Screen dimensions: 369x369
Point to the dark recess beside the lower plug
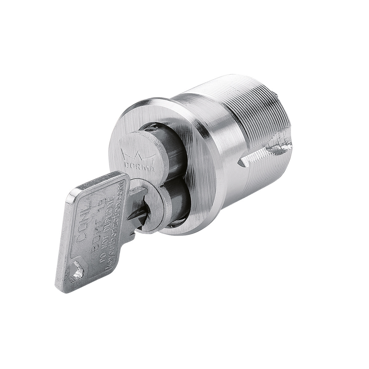[x=178, y=203]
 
